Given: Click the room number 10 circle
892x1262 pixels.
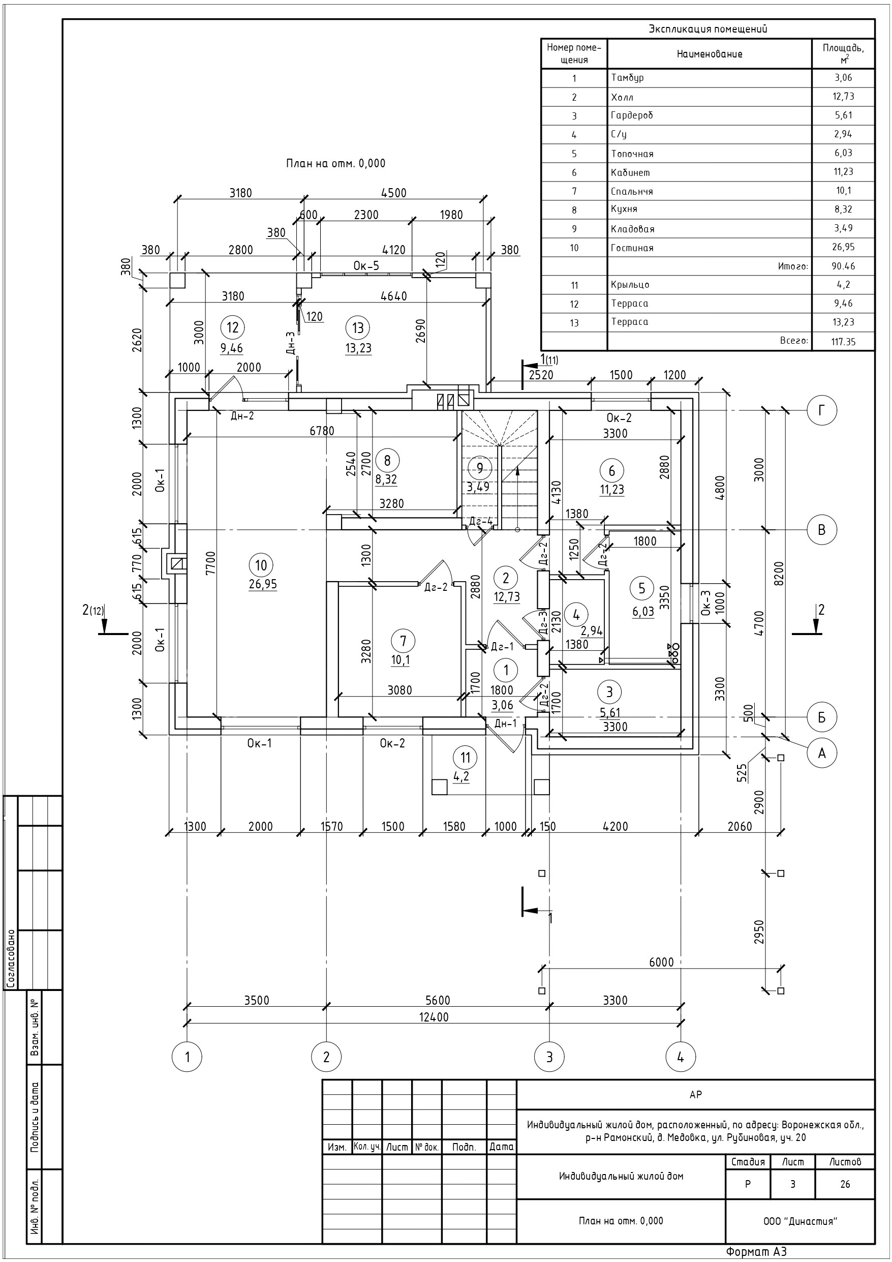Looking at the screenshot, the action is coord(261,565).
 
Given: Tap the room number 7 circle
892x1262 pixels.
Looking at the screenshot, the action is coord(404,641).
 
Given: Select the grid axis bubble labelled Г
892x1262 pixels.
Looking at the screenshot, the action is coord(822,411).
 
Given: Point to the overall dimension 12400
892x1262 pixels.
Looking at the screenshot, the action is coord(434,1017).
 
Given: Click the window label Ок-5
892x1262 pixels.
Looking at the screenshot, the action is coord(366,266).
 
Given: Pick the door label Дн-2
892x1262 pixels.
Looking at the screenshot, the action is coord(242,415).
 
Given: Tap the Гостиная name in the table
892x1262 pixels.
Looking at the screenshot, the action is coord(632,248).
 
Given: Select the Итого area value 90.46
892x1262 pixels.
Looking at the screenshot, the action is coord(843,266).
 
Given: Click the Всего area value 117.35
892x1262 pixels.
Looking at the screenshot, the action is coord(843,341).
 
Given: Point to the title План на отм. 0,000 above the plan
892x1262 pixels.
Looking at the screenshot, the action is coord(336,163).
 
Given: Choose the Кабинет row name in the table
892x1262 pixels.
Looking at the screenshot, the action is coord(630,172).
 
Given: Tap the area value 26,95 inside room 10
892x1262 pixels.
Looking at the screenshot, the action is coord(263,584).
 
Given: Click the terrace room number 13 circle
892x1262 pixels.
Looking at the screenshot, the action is coord(358,328).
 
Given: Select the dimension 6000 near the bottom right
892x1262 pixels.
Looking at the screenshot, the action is coord(661,962).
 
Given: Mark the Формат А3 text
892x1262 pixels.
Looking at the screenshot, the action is coord(756,1252).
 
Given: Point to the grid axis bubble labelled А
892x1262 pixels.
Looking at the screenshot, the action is coord(822,753).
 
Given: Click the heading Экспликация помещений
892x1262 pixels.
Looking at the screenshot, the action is coord(708,29).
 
